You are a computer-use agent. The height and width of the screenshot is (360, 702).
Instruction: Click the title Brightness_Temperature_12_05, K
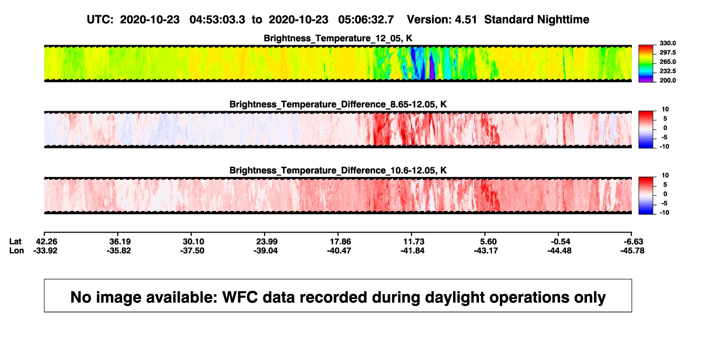coord(338,38)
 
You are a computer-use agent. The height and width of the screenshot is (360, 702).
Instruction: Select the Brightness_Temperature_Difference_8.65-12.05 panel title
coord(338,104)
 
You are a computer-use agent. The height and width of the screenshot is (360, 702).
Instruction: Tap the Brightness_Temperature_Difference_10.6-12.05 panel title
coord(338,171)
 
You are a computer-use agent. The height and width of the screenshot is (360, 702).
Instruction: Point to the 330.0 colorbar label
coord(667,43)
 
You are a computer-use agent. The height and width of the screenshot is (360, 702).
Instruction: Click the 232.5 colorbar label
coord(667,71)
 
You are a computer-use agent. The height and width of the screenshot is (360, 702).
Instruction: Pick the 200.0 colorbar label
coord(667,80)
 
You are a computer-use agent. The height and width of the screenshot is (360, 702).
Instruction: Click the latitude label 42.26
coord(46,242)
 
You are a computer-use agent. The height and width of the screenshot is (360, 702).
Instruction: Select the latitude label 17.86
coord(340,242)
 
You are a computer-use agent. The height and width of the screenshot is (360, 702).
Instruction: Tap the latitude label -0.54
coord(561,242)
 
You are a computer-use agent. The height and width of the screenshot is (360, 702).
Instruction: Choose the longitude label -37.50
coord(192,250)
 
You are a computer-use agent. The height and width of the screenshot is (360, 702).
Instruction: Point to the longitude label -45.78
coord(632,250)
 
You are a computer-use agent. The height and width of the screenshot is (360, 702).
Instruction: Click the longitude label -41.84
coord(413,250)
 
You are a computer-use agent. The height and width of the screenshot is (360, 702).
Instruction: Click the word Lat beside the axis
coord(15,242)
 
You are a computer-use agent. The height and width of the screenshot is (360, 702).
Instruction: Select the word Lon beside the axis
coord(16,250)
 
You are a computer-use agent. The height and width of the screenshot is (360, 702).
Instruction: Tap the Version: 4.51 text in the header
coord(442,20)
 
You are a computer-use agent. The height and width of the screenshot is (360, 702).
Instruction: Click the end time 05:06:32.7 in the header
coord(366,20)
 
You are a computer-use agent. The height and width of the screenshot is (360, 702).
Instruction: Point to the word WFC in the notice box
coord(240,297)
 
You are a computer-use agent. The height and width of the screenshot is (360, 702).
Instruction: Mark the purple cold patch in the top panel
coord(432,66)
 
